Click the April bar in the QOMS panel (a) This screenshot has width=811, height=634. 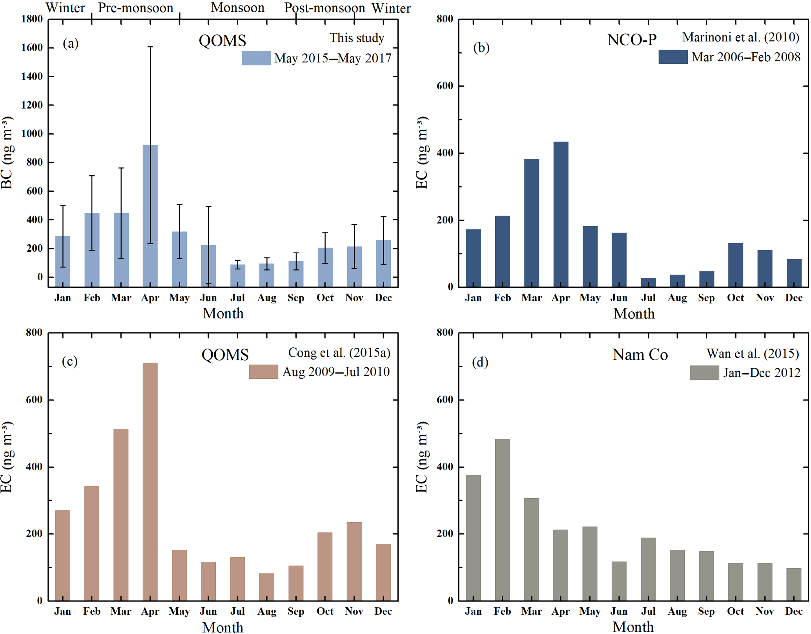[150, 216]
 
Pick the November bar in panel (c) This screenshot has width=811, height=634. [354, 561]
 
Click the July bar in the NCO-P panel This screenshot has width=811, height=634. [648, 282]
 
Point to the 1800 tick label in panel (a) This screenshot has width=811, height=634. [32, 19]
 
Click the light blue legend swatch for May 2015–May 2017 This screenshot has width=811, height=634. [256, 58]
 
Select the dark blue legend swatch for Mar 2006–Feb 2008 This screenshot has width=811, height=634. [673, 57]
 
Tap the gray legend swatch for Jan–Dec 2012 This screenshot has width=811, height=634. [704, 372]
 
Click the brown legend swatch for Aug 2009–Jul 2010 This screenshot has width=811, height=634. [263, 371]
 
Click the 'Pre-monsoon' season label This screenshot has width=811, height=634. [135, 8]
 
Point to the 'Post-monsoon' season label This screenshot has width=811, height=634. [324, 8]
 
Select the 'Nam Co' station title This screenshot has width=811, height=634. [640, 355]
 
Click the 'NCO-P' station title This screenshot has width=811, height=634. [632, 40]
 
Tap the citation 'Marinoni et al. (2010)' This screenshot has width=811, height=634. [740, 37]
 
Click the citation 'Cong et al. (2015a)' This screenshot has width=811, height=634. [339, 353]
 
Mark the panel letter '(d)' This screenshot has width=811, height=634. [480, 362]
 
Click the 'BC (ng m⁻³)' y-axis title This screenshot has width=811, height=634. [7, 153]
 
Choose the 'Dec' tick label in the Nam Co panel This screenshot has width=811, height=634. [794, 611]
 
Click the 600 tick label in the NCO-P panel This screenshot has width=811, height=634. [445, 86]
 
